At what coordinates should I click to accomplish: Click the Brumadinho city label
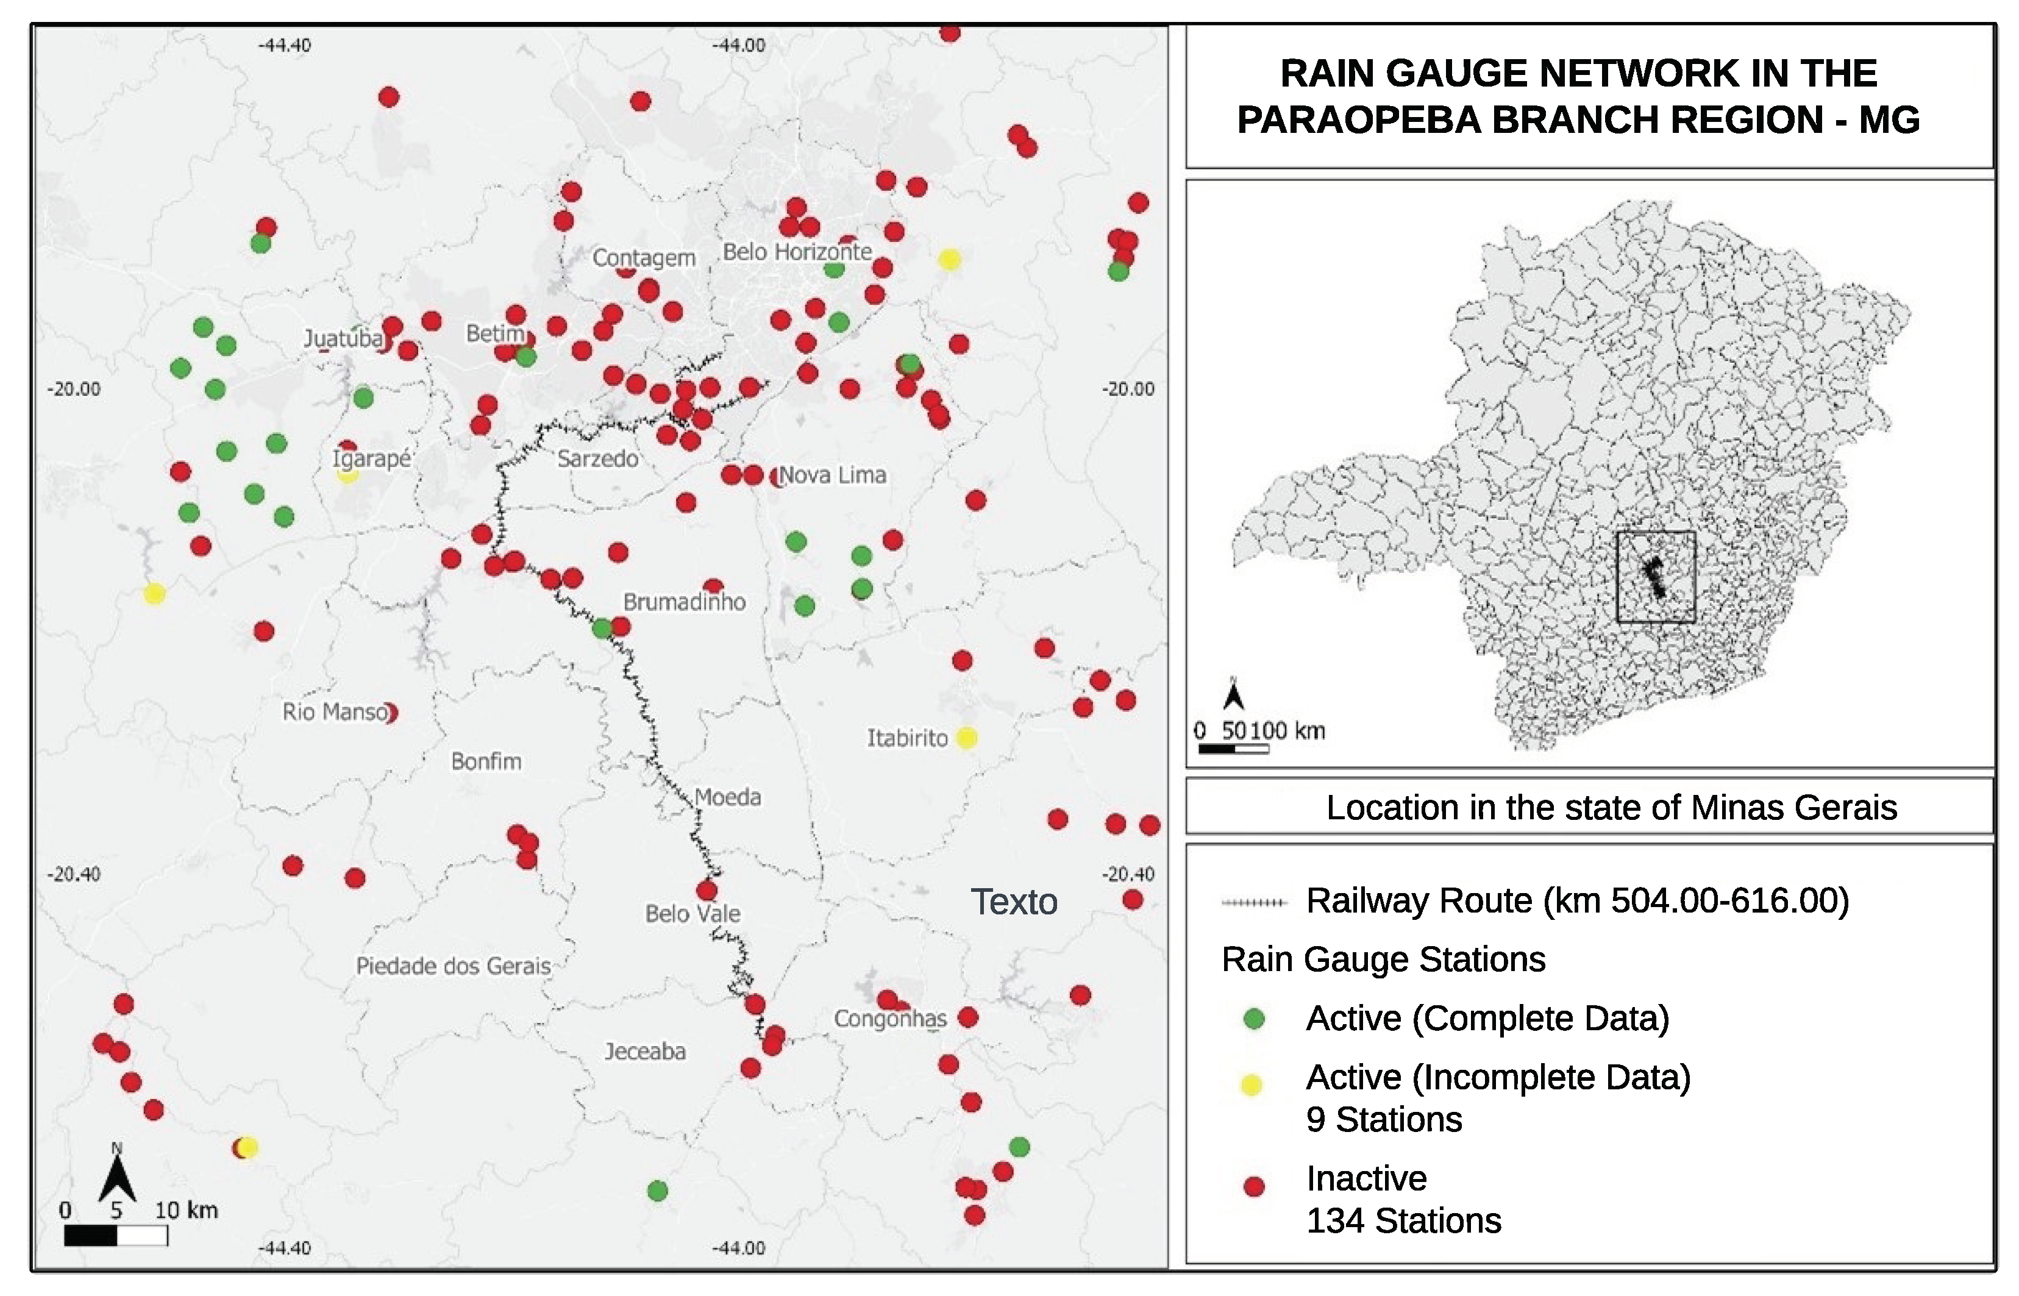coord(683,602)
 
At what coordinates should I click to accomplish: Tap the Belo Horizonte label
coord(796,252)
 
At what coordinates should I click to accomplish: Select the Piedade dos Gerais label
coord(453,966)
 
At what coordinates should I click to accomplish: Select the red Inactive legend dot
coord(1254,1187)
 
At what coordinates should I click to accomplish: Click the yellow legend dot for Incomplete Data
coord(1252,1084)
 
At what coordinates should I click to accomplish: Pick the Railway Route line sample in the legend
coord(1254,903)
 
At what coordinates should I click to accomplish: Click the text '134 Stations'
coord(1403,1221)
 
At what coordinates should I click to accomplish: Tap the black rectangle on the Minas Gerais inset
coord(1656,577)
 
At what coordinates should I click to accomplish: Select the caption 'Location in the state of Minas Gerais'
coord(1611,808)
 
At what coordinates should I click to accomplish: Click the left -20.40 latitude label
coord(73,874)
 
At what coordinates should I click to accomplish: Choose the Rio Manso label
coord(335,712)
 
